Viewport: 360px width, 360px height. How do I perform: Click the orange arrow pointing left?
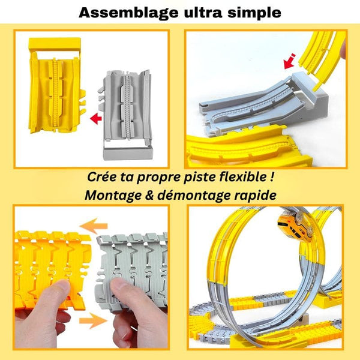95,227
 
